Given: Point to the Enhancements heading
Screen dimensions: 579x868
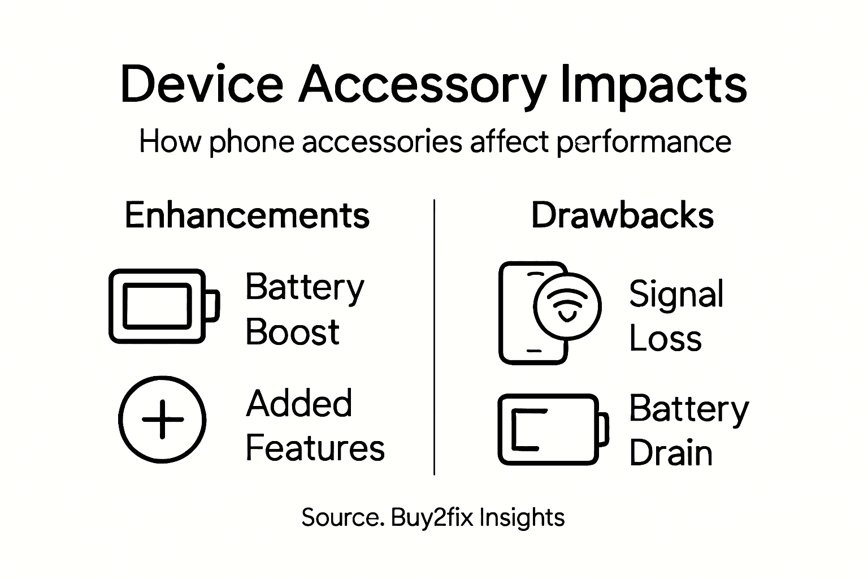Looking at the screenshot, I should [247, 215].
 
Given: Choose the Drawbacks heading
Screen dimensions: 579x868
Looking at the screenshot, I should [622, 215].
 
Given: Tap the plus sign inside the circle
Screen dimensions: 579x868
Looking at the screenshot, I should [162, 420].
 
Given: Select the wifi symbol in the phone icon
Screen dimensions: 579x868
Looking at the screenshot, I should [567, 306].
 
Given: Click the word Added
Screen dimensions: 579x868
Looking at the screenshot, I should [299, 403].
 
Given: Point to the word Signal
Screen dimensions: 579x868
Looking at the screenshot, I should [676, 295].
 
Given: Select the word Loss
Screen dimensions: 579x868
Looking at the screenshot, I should [665, 339].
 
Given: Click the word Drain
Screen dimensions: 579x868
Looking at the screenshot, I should [670, 453].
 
